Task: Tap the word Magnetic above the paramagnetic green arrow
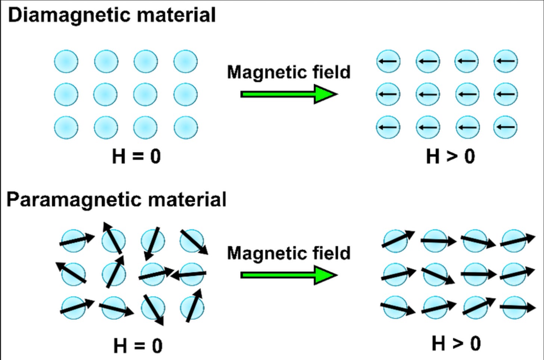coord(267,253)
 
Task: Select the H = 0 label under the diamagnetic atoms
coord(136,156)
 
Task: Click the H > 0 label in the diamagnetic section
coord(450,156)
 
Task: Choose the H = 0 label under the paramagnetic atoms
coord(138,345)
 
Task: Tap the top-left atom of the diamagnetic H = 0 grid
coord(66,62)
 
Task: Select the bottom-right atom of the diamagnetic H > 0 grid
coord(506,127)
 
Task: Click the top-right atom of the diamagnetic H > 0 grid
coord(506,61)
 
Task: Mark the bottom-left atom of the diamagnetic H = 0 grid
coord(66,127)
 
